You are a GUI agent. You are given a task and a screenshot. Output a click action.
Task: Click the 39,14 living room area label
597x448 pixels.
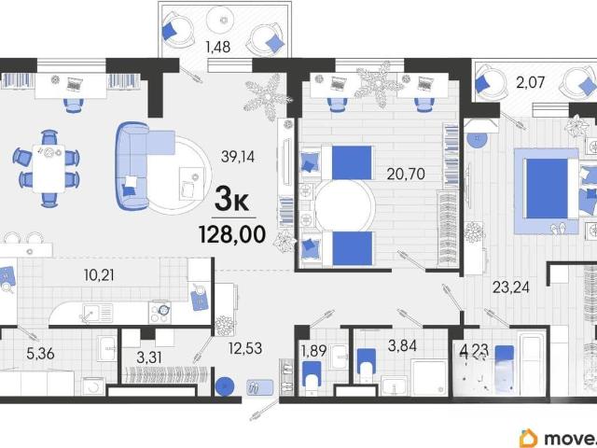[x=238, y=157]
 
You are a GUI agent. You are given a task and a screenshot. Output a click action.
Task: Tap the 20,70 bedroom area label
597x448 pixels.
[x=406, y=175]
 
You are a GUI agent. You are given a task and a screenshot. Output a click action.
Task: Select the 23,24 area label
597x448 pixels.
[x=511, y=287]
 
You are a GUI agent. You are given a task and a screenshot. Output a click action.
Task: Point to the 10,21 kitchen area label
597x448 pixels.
[x=99, y=275]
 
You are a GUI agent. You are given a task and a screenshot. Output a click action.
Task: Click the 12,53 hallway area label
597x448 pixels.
[x=245, y=348]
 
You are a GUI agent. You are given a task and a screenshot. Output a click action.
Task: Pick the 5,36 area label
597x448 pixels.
[x=40, y=354]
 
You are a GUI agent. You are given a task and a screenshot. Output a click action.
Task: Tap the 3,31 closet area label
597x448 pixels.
[x=149, y=357]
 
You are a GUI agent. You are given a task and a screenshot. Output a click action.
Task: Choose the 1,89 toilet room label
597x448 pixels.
[x=313, y=351]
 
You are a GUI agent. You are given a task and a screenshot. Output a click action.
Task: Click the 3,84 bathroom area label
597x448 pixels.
[x=402, y=346]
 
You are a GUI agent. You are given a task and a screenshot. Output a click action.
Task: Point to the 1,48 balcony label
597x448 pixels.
[x=217, y=47]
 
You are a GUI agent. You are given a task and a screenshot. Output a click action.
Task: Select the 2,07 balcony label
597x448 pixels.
[x=531, y=82]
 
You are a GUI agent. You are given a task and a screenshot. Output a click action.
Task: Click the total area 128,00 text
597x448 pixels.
[x=232, y=234]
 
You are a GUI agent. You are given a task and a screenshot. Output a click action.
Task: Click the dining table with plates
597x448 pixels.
[x=49, y=168]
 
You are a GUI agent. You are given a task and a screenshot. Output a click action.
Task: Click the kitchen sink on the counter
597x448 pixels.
[x=97, y=314]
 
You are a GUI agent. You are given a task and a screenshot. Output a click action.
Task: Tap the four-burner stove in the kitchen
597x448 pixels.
[x=160, y=313]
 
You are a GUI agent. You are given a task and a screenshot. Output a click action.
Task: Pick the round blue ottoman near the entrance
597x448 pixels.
[x=225, y=386]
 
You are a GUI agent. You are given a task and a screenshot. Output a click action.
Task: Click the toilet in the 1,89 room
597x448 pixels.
[x=312, y=377]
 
